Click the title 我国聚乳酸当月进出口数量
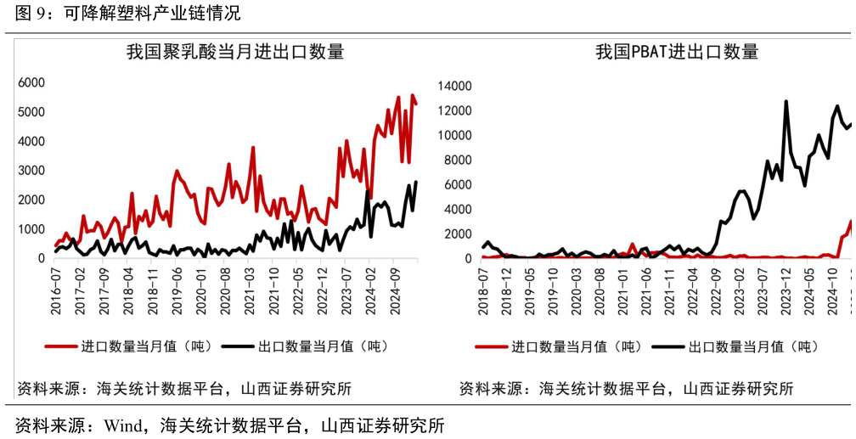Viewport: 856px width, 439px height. [235, 52]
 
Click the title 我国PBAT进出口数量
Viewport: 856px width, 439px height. [677, 52]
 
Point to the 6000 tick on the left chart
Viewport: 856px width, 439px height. [31, 82]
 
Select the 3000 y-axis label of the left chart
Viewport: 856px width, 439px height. [31, 171]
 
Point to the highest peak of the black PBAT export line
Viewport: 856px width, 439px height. [786, 102]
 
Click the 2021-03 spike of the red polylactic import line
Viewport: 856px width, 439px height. [253, 148]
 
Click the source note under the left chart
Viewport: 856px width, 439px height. [183, 389]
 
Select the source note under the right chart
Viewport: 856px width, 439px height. [626, 389]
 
